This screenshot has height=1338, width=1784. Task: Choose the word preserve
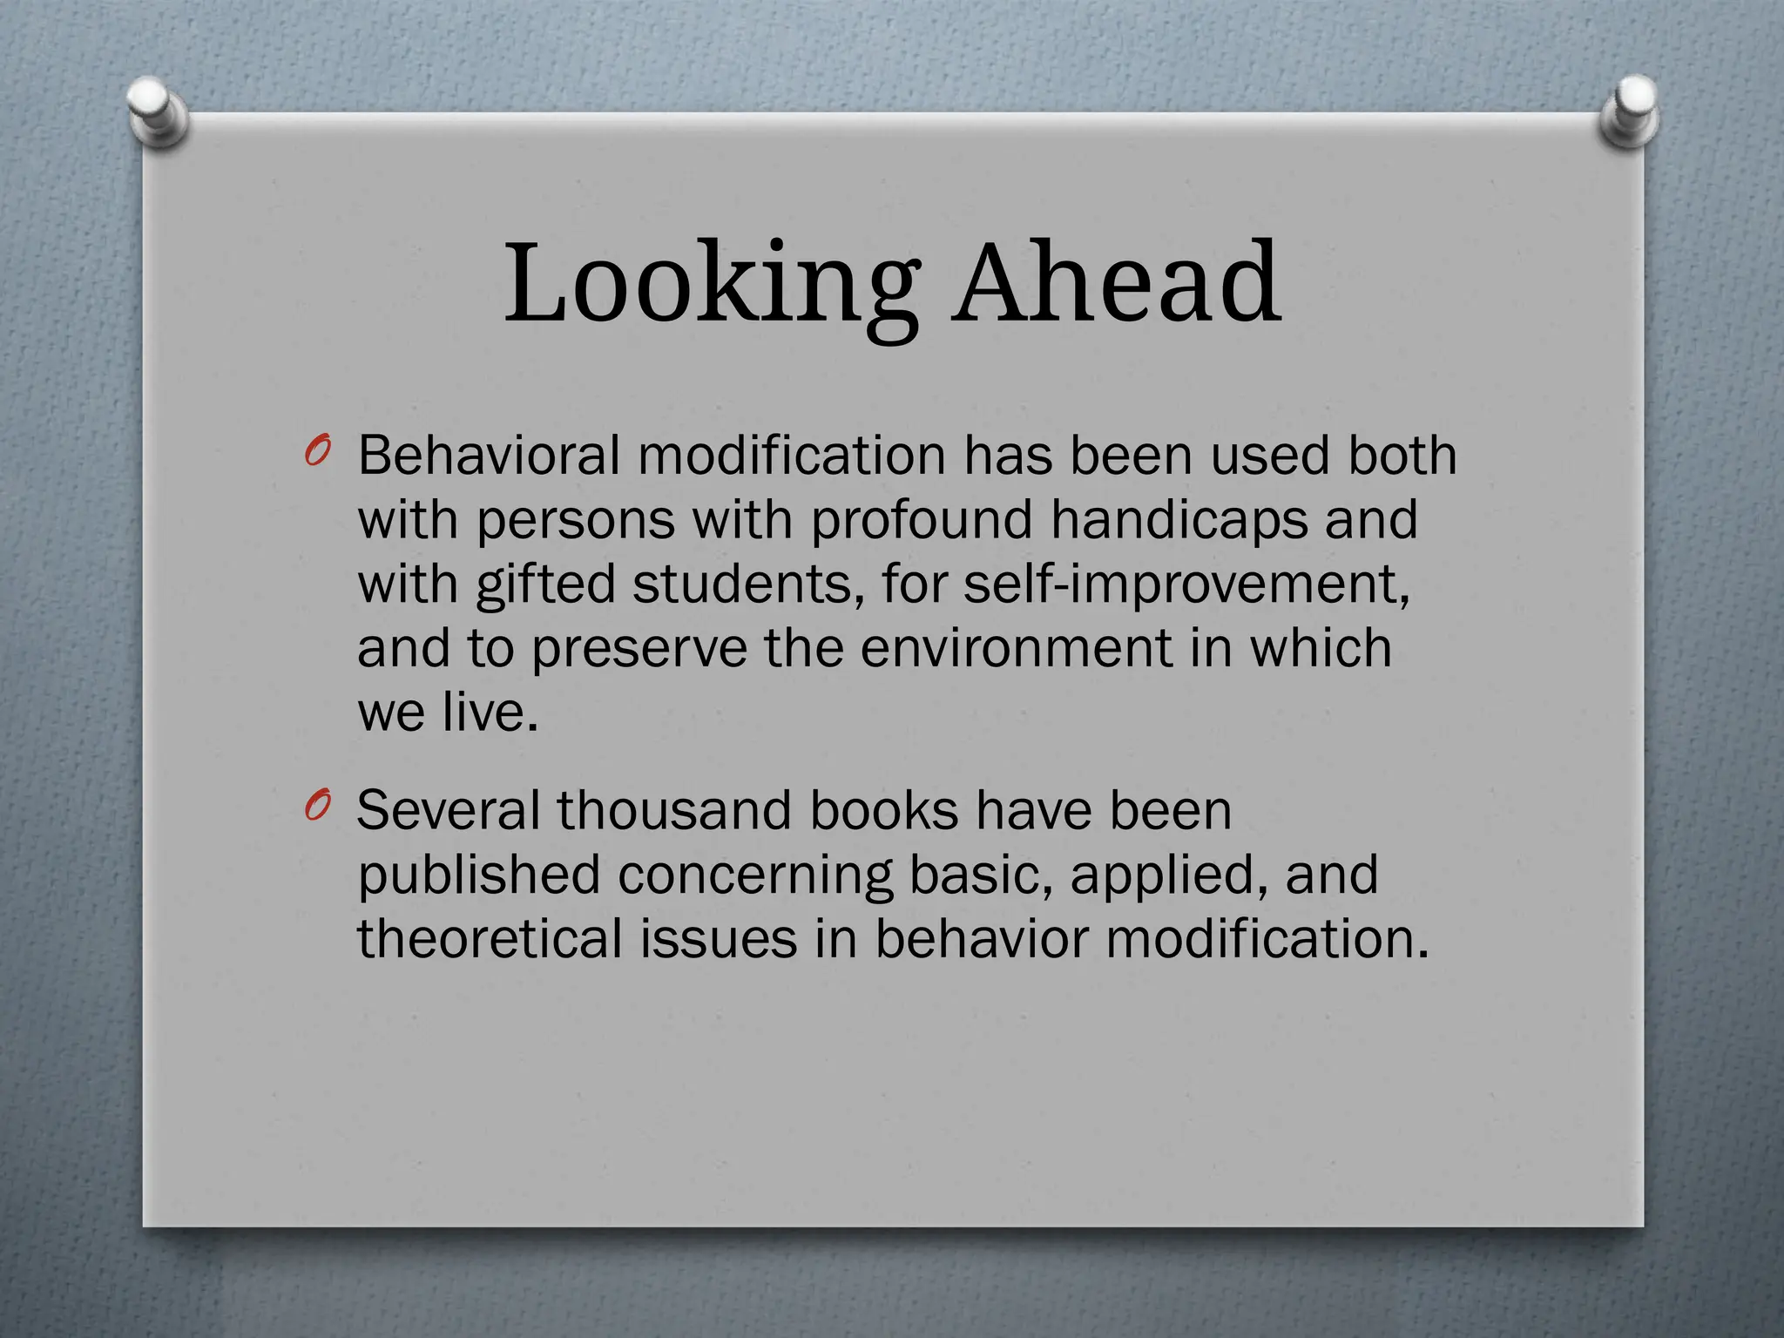[639, 649]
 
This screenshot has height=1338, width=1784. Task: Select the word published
[479, 875]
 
